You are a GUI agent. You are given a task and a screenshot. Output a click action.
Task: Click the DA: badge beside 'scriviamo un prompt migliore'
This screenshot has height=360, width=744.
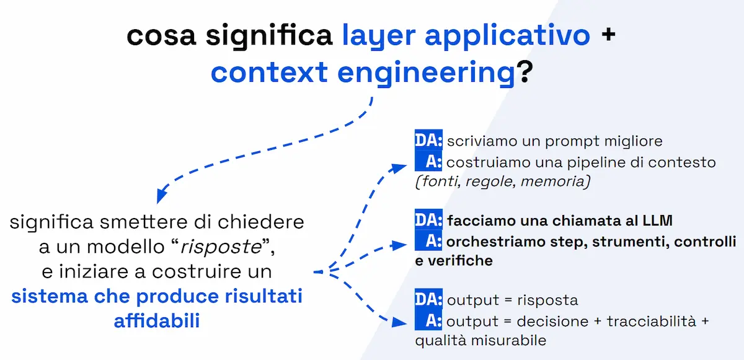pos(428,141)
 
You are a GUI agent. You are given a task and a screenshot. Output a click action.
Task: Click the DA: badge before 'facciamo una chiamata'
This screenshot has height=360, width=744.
pos(428,220)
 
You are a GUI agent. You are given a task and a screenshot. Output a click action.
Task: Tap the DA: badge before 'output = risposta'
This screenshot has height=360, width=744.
pos(428,300)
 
